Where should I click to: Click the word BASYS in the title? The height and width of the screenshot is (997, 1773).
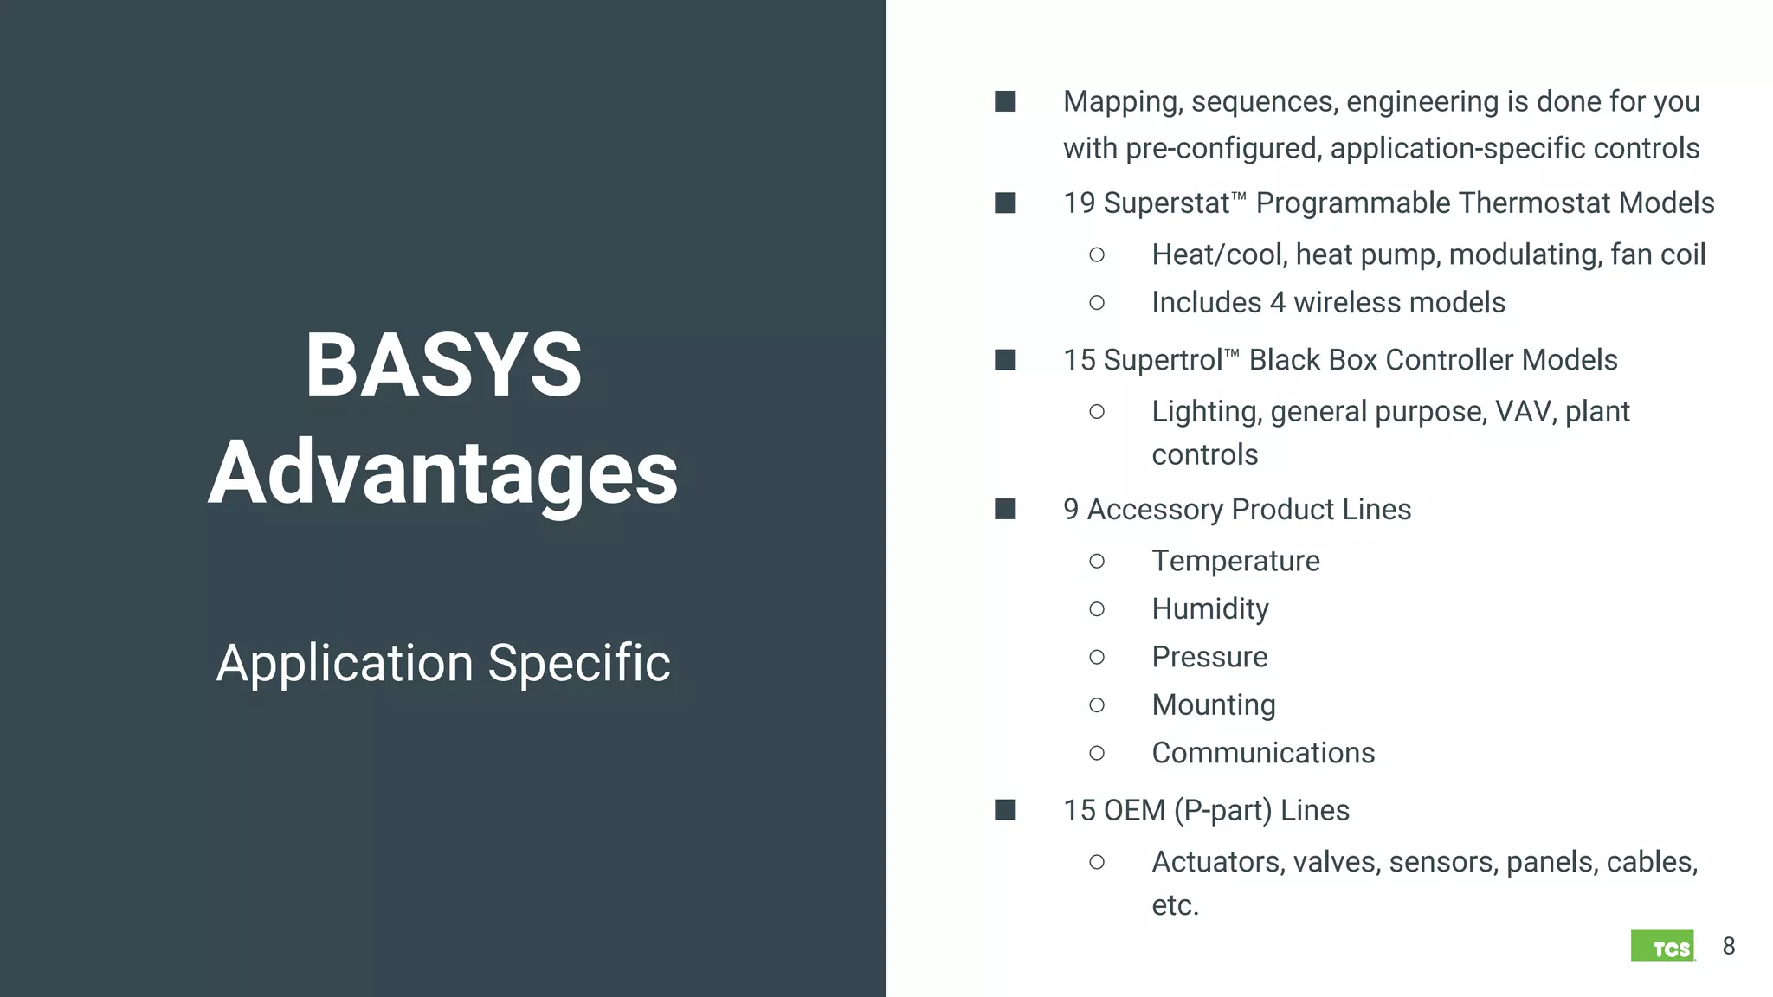tap(443, 365)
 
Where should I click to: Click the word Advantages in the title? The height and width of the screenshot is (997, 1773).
tap(443, 473)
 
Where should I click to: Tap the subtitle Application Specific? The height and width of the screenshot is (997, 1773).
tap(443, 663)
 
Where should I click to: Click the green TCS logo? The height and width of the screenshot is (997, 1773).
tap(1662, 946)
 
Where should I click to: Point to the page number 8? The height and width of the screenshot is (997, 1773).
tap(1729, 946)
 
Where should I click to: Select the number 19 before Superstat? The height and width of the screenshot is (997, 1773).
tap(1079, 203)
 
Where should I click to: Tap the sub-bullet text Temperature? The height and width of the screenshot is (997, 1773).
tap(1235, 561)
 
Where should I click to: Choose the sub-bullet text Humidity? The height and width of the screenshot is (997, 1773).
tap(1209, 609)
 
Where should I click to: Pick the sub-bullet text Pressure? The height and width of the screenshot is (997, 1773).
tap(1209, 657)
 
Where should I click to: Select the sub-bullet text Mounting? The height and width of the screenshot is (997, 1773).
tap(1213, 705)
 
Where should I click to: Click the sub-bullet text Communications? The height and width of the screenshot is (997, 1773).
tap(1263, 753)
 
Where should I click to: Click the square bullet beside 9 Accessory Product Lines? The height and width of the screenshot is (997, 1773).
tap(1005, 509)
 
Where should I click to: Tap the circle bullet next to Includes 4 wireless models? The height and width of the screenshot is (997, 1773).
tap(1097, 303)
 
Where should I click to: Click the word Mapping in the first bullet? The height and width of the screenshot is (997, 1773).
tap(1122, 102)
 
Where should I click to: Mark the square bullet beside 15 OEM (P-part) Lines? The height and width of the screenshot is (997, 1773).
tap(1005, 810)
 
